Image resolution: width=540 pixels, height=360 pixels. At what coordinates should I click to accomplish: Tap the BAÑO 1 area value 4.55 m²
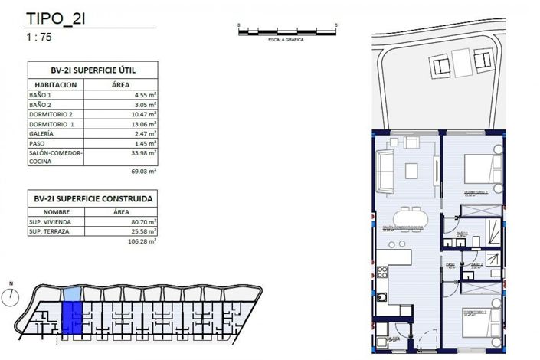tap(142, 96)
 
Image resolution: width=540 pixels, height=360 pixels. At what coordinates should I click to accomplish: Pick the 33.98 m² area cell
tap(142, 152)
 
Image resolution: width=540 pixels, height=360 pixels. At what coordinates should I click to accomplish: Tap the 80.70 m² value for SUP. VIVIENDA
tap(142, 220)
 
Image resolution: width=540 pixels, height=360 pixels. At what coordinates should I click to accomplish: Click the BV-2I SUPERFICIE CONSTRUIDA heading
tap(92, 198)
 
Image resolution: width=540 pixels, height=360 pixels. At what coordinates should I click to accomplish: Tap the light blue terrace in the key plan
tap(70, 293)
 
